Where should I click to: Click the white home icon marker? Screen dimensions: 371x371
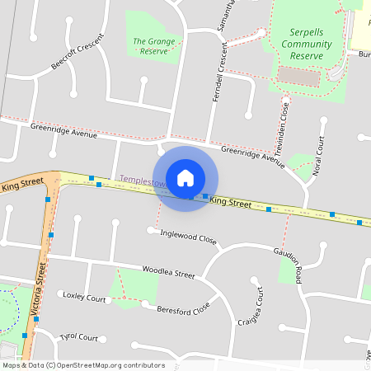[x=185, y=178]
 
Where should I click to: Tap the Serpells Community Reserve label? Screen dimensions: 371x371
[x=300, y=44]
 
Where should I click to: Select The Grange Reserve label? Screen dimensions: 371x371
[x=151, y=45]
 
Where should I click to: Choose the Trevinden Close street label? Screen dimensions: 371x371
[x=284, y=127]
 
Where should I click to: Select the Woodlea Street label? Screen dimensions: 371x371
[x=168, y=272]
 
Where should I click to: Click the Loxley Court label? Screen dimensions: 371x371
[x=85, y=297]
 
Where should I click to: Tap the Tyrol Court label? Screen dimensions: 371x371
[x=79, y=338]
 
